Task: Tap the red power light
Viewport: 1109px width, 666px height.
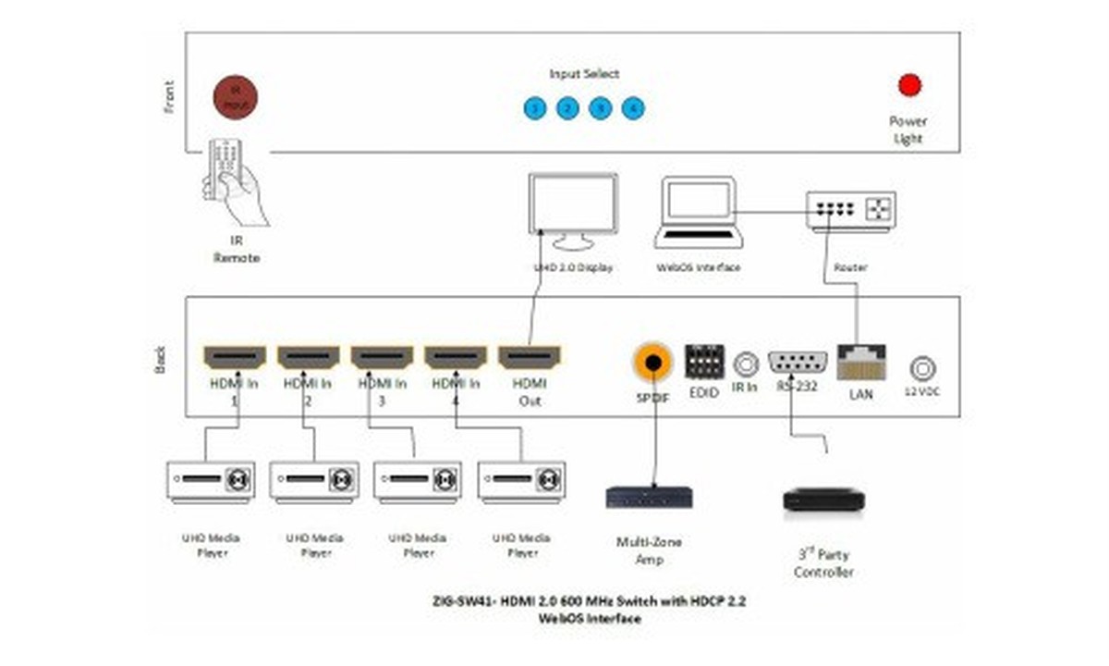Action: coord(909,85)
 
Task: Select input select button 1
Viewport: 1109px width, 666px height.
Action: coord(534,108)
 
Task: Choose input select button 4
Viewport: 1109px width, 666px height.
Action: coord(633,108)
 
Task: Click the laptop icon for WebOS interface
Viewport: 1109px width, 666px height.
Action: coord(699,213)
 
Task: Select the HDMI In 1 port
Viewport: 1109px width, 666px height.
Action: coord(235,357)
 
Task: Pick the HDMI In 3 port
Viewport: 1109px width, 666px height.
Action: coord(382,357)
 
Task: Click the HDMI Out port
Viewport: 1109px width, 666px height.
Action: coord(530,357)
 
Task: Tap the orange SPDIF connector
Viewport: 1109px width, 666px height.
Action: coord(653,362)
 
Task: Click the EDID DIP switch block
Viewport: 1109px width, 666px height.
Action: coord(704,361)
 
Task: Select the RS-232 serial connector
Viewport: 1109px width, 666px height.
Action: coord(797,363)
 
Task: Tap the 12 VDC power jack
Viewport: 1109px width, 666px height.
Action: coord(921,369)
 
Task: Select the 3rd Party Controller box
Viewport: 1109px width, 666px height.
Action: coord(823,499)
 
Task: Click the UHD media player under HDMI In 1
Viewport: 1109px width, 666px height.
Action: coord(211,481)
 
